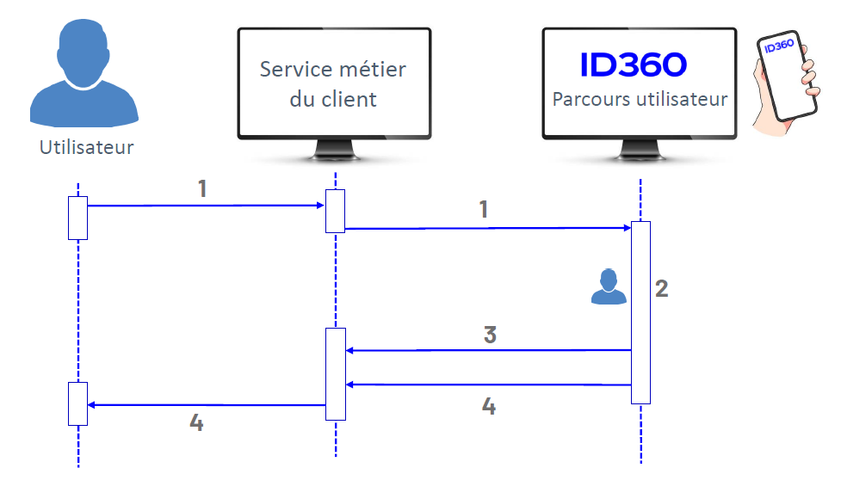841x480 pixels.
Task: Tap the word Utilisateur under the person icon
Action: tap(86, 147)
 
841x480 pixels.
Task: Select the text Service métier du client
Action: tap(332, 83)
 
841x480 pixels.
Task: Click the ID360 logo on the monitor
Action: tap(633, 65)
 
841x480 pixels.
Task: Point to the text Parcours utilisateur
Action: tap(640, 99)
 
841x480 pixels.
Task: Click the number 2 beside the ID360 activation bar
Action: tap(661, 288)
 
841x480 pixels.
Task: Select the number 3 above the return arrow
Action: tap(490, 335)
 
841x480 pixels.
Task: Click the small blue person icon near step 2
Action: tap(609, 286)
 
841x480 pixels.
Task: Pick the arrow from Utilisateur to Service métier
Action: tap(207, 206)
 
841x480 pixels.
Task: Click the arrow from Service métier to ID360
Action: tap(487, 228)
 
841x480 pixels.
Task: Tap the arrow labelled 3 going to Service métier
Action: tap(487, 350)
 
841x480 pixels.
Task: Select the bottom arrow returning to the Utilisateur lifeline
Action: tap(207, 404)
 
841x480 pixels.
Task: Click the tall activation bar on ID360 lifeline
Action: tap(640, 312)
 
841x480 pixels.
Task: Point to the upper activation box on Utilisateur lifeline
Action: tap(78, 217)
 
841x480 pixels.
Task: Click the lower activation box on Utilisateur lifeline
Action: tap(78, 403)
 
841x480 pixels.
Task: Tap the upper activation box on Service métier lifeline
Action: tap(335, 211)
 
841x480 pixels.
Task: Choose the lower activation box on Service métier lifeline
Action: tap(335, 373)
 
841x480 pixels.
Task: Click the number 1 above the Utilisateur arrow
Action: tap(202, 188)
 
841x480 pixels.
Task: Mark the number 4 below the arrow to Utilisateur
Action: tap(196, 423)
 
